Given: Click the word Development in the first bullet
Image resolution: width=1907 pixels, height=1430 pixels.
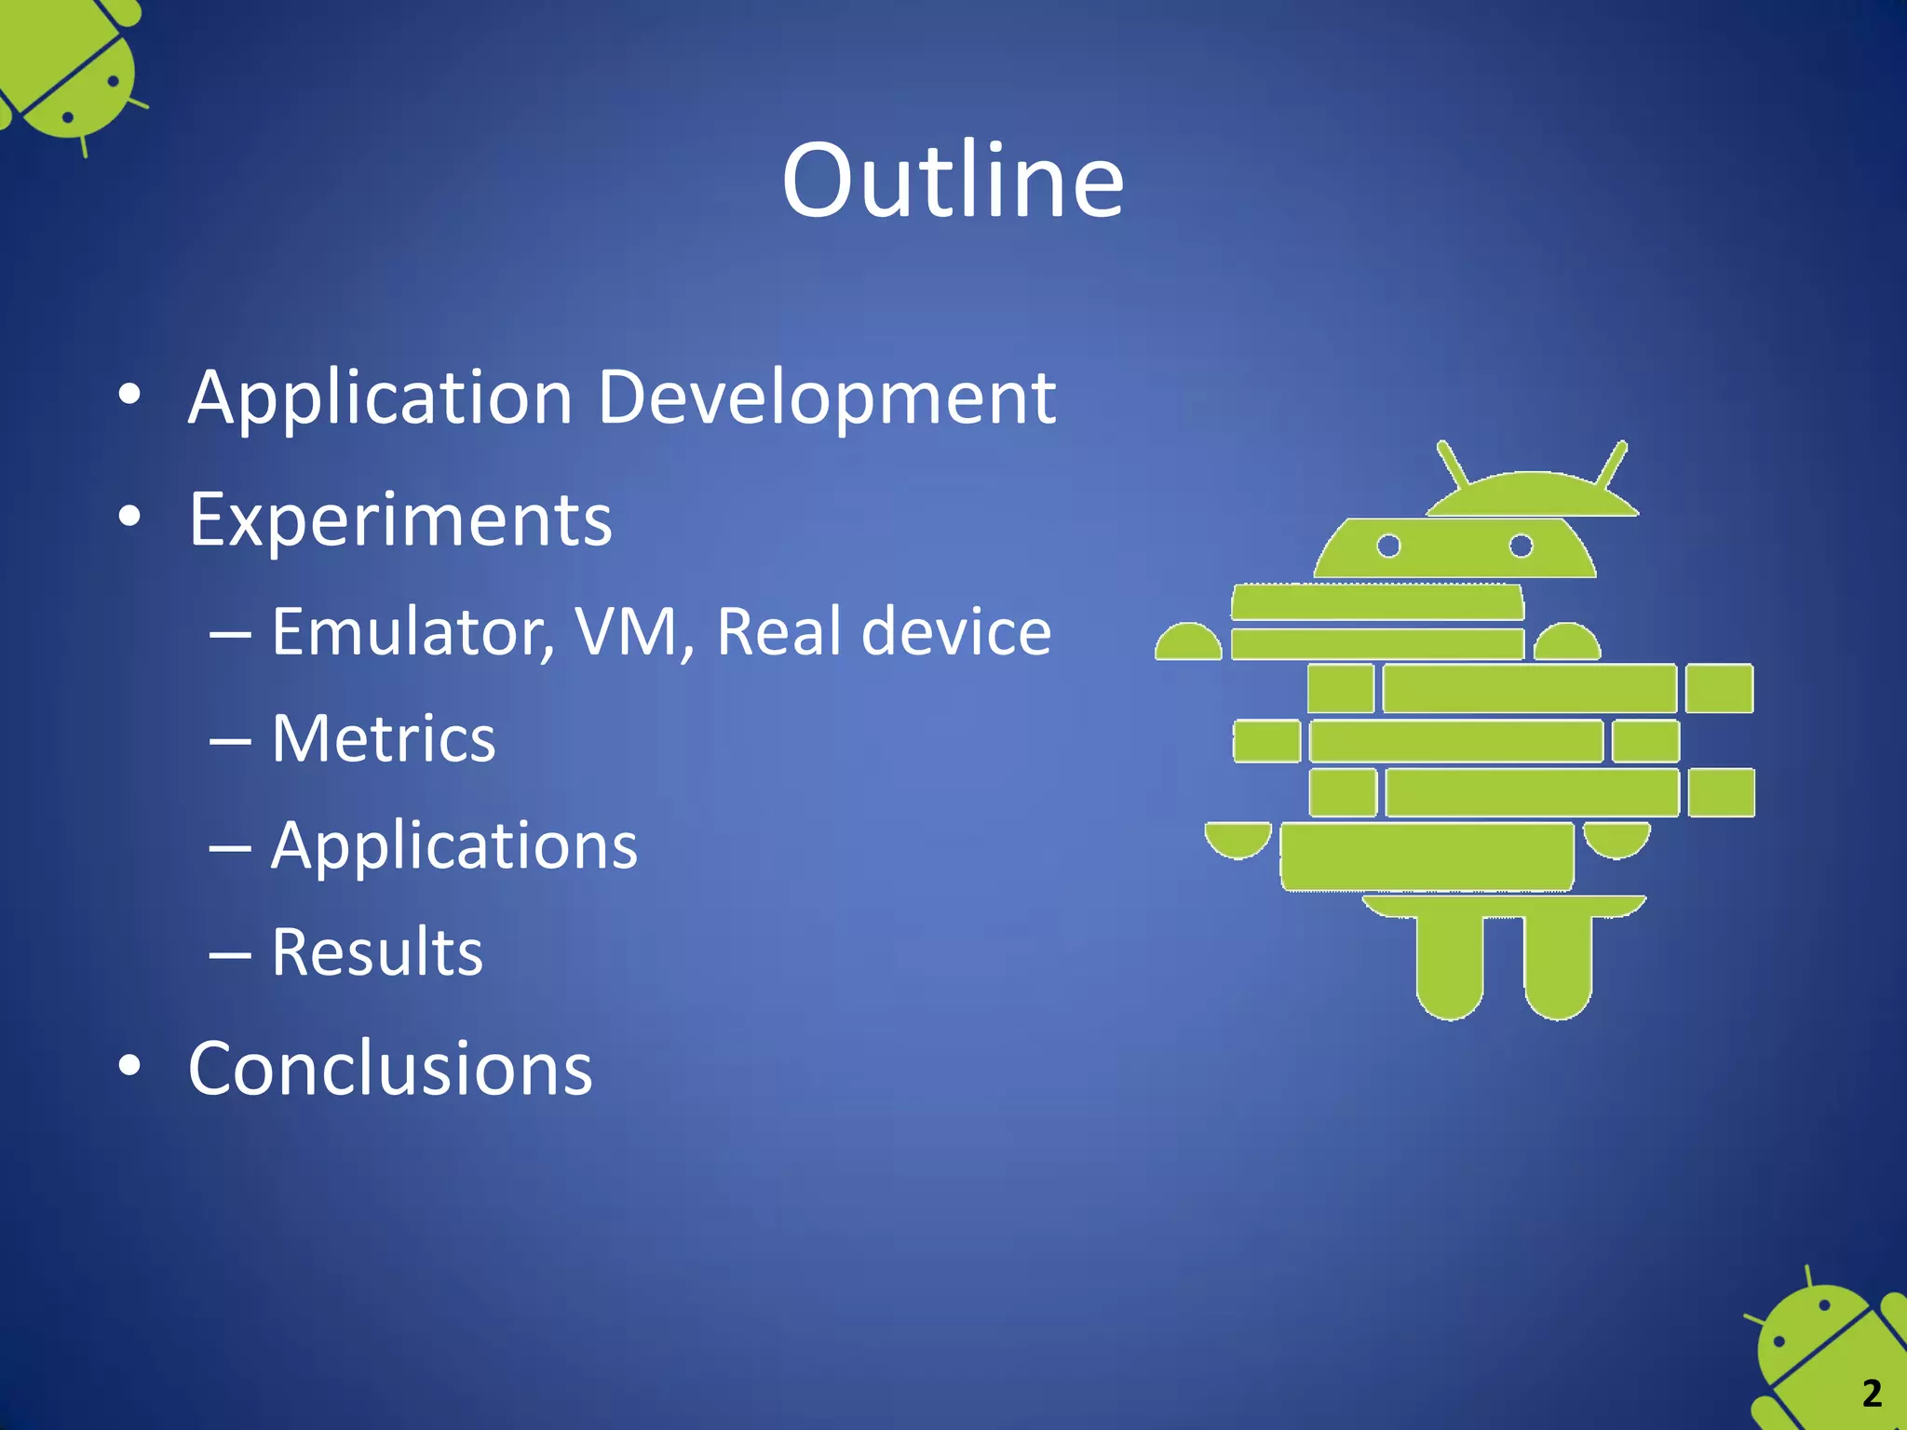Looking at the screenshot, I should click(826, 398).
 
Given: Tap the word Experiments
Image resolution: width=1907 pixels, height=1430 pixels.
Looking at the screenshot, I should click(400, 520).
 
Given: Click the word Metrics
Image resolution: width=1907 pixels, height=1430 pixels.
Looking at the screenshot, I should click(384, 739).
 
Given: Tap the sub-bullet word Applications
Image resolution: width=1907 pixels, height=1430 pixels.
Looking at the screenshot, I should click(454, 846).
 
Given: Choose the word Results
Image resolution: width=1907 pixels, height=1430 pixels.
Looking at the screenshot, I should click(377, 952).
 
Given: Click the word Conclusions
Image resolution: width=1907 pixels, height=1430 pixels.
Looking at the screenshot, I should click(390, 1069).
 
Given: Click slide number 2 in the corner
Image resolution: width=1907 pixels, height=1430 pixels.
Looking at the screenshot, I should click(1872, 1394).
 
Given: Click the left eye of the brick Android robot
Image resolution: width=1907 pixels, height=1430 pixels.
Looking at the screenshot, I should click(1388, 546).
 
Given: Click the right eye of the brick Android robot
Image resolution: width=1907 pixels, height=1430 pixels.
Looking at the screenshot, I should click(1521, 546).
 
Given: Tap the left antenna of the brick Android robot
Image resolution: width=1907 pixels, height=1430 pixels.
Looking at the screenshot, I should click(1453, 464).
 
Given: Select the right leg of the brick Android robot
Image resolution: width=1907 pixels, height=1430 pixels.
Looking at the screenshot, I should click(1558, 968).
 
